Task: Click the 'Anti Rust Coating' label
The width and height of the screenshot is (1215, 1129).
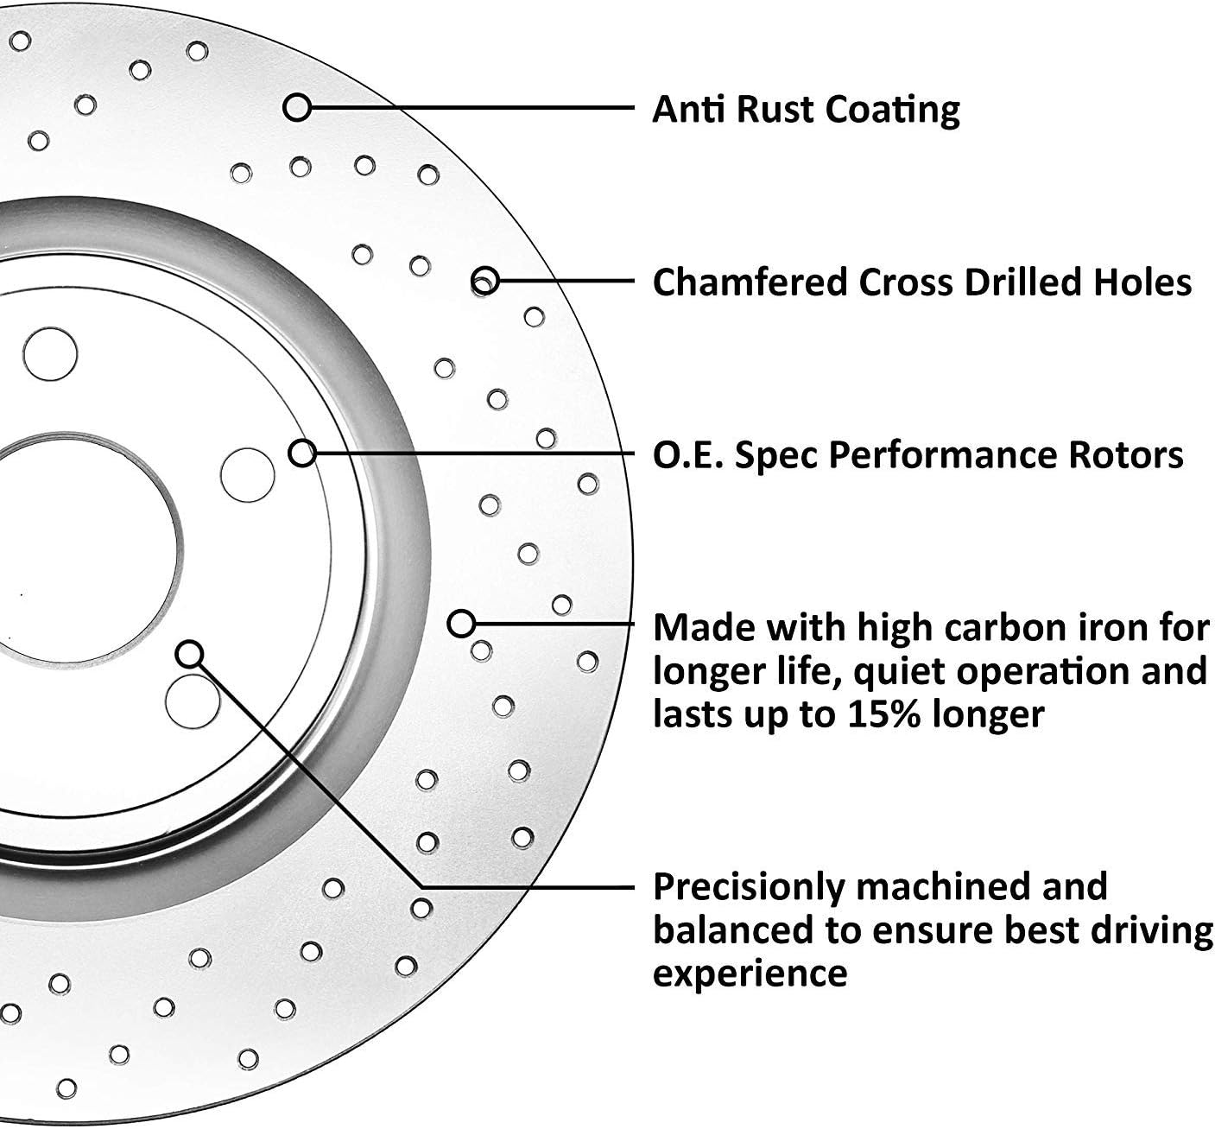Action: tap(805, 110)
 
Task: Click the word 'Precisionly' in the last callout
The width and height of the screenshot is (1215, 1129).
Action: tap(748, 887)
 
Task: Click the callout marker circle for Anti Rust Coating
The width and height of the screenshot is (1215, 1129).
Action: tap(297, 108)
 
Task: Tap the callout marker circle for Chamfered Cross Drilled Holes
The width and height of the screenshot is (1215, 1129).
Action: tap(485, 281)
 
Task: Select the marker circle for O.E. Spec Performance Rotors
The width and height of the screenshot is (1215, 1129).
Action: tap(301, 453)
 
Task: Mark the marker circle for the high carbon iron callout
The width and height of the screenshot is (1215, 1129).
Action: tap(462, 623)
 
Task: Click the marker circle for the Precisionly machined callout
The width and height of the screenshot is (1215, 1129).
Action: tap(189, 654)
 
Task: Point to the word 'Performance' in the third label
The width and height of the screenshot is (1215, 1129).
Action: tap(944, 454)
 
